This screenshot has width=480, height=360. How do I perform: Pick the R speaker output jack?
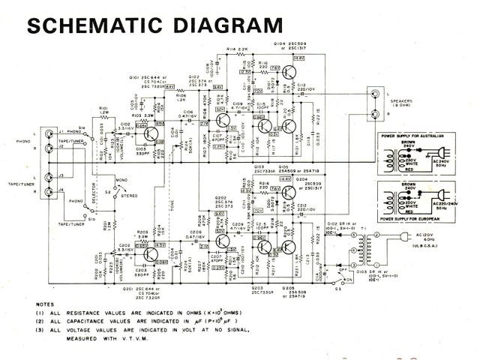coord(373,114)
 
